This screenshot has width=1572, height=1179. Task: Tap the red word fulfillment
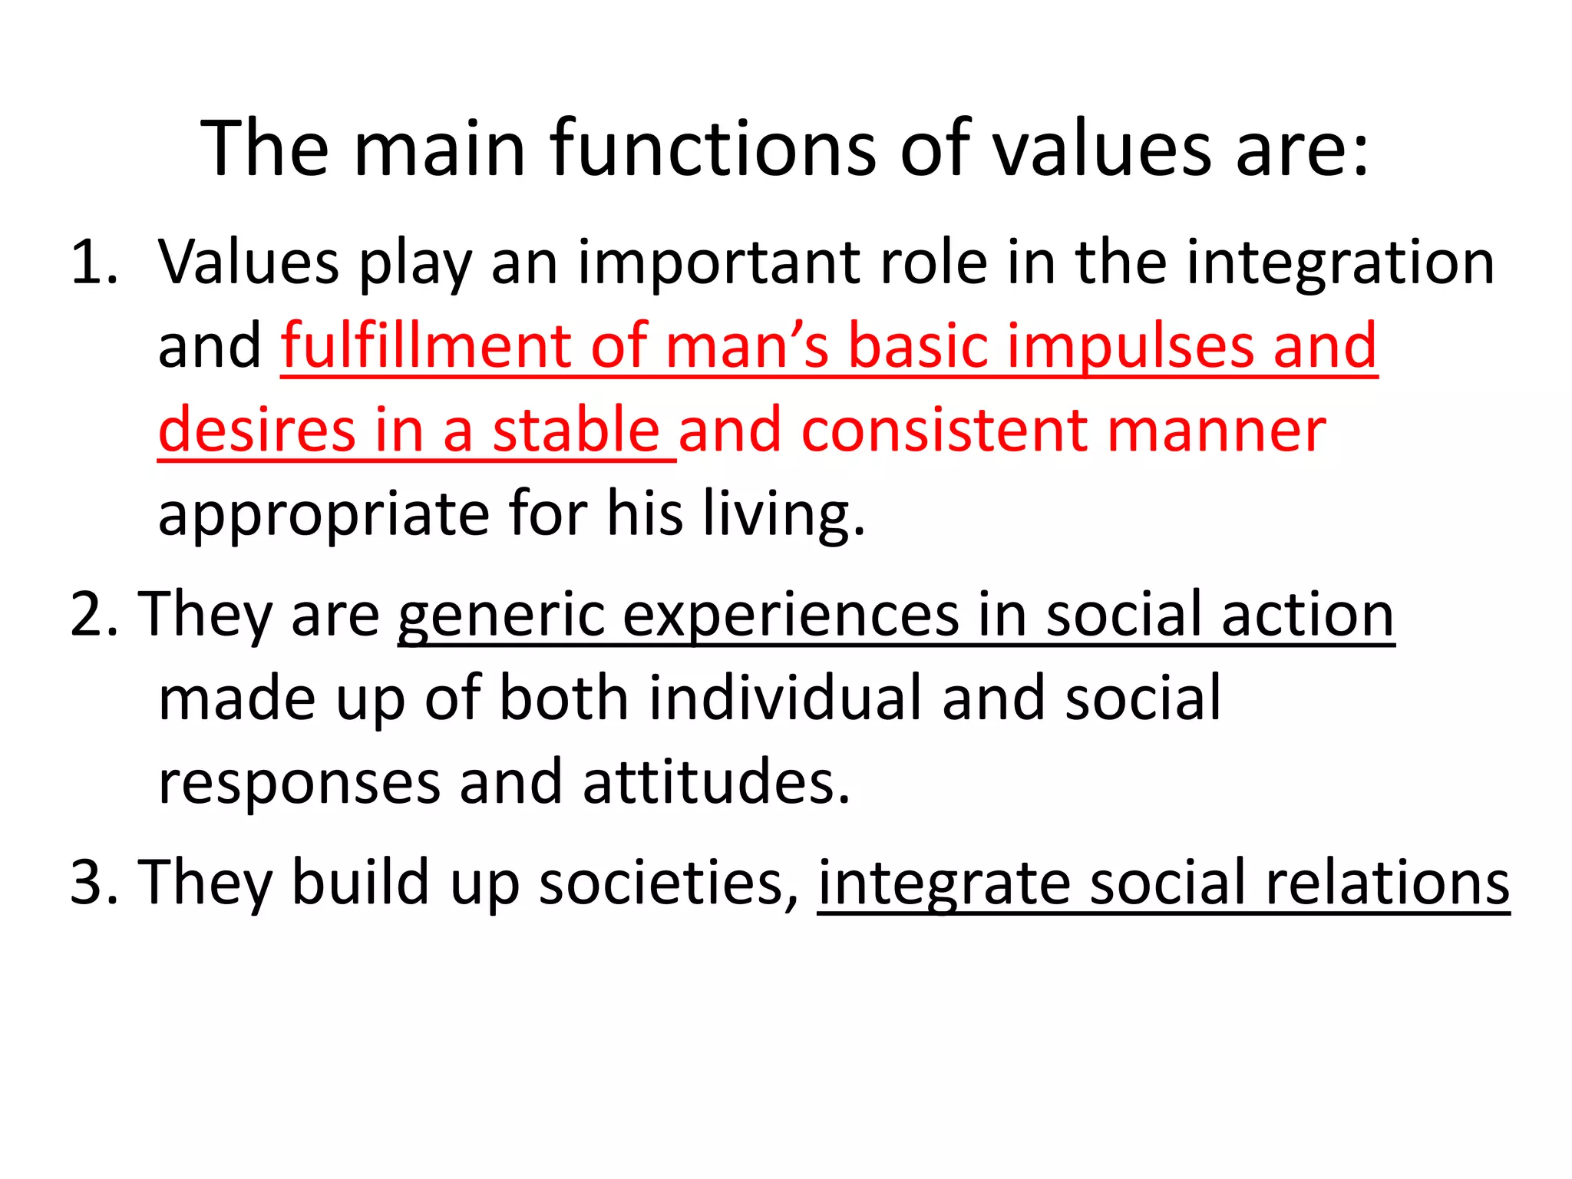coord(425,346)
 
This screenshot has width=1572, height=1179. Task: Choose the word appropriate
coord(323,516)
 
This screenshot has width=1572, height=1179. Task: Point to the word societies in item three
coord(669,883)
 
